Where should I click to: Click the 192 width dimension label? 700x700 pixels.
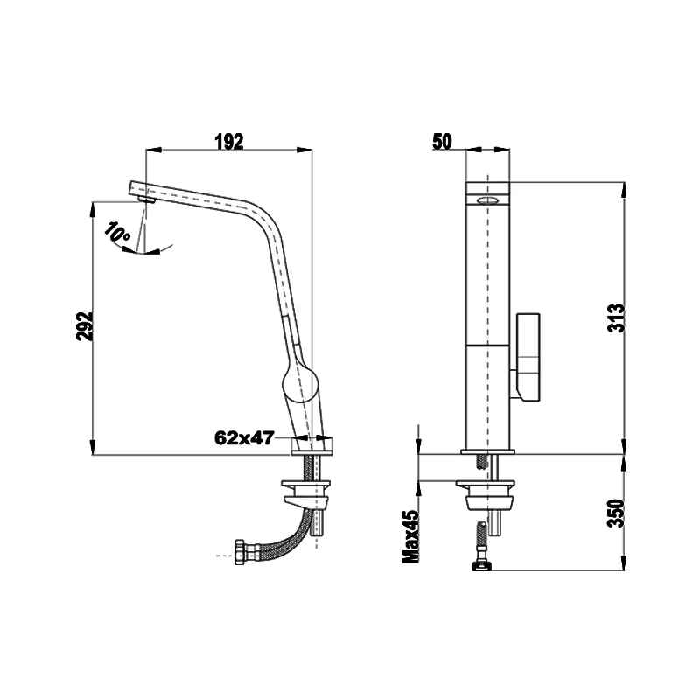tap(227, 142)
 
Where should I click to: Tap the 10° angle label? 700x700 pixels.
tap(117, 233)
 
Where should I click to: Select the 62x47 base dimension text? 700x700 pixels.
tap(245, 438)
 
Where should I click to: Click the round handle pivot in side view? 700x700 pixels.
tap(299, 382)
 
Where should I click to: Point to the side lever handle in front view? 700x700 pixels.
tap(529, 357)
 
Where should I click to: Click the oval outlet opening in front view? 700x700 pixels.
tap(488, 200)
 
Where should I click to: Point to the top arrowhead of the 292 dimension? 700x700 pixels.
tap(94, 207)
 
